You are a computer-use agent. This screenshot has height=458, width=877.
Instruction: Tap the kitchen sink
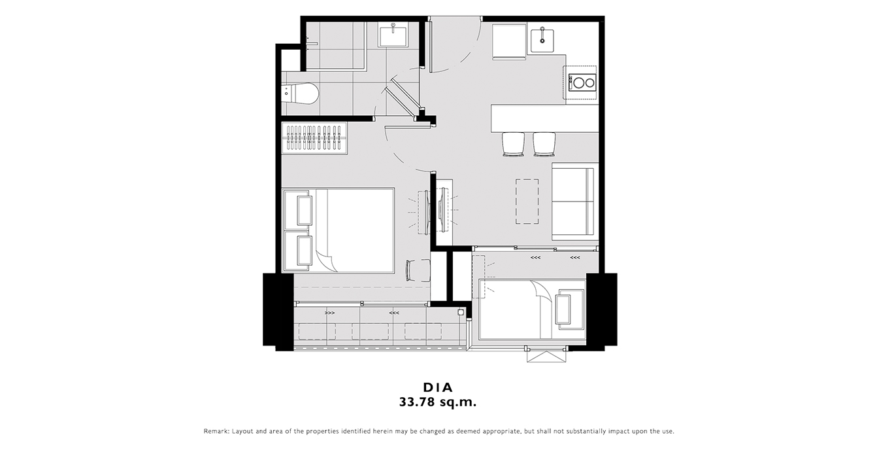542,38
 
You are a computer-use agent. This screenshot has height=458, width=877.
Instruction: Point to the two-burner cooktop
582,82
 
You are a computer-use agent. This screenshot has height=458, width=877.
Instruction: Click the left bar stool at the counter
513,145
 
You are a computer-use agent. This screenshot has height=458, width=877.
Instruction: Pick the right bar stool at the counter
544,145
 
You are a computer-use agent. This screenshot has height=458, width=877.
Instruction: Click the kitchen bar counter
545,118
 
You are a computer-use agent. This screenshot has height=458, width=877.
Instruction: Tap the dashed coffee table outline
527,202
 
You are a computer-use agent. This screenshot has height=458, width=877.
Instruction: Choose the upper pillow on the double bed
305,211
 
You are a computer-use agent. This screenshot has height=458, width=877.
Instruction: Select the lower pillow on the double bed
305,251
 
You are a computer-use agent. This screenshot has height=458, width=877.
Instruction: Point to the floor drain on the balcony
461,312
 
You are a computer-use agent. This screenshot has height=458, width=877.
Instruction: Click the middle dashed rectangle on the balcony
370,331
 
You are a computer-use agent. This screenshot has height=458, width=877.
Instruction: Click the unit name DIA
438,387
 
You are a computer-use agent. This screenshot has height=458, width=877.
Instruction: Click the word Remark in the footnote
216,431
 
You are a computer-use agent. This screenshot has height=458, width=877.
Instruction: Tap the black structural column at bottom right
601,309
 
